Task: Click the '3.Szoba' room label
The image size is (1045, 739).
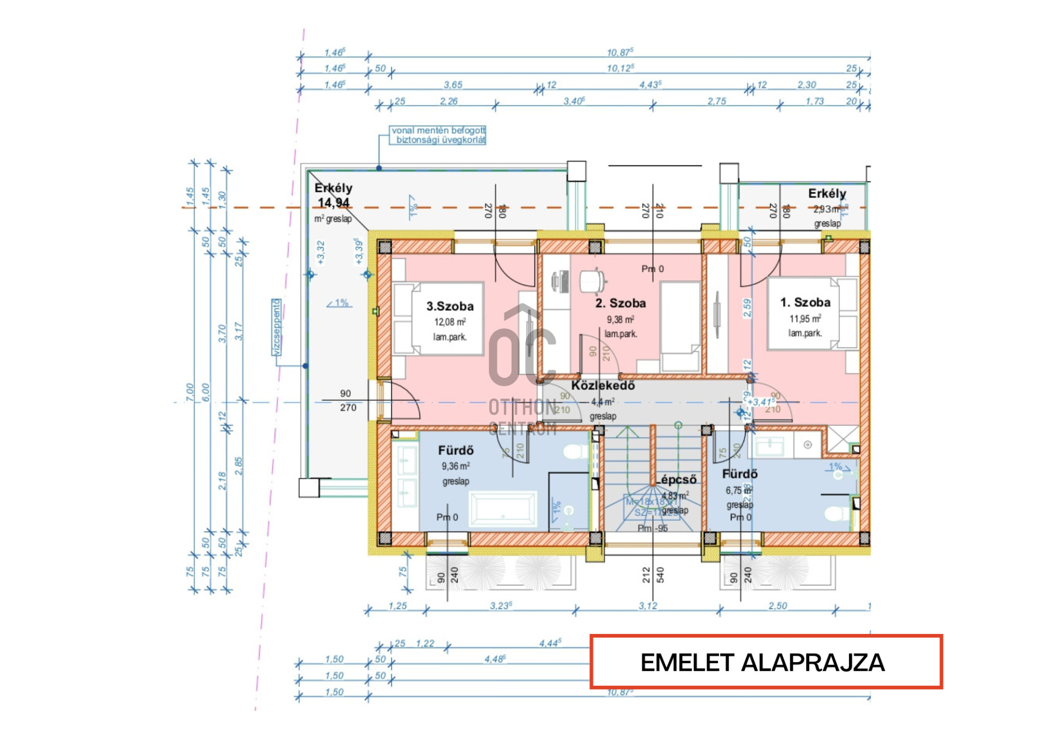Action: coord(450,307)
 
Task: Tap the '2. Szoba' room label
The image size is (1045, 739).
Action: coord(620,303)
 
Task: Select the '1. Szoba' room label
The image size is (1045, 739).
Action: coord(805,303)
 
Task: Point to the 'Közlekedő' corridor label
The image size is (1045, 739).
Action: coord(603,386)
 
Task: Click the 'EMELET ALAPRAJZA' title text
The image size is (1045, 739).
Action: coord(763,663)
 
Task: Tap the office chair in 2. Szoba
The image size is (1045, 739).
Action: coord(593,282)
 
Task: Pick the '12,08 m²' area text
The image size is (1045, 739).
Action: coord(450,322)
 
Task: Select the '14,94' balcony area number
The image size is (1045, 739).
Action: coord(333,203)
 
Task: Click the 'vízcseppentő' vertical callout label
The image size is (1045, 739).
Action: coord(277,327)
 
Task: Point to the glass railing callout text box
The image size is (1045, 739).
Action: coord(438,135)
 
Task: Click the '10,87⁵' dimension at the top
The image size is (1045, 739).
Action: coord(620,52)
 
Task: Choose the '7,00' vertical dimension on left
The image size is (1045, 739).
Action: coord(189,392)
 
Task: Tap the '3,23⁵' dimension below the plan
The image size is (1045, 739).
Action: coord(501,606)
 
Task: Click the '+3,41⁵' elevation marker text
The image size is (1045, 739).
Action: coord(761,402)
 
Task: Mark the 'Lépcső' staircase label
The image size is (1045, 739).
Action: coord(678,480)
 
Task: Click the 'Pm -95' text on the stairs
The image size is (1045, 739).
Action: coord(653,528)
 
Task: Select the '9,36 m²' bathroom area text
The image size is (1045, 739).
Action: coord(456,467)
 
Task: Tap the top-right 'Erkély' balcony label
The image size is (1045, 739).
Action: coord(827,194)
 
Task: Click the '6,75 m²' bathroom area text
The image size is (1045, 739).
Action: coord(739,491)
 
